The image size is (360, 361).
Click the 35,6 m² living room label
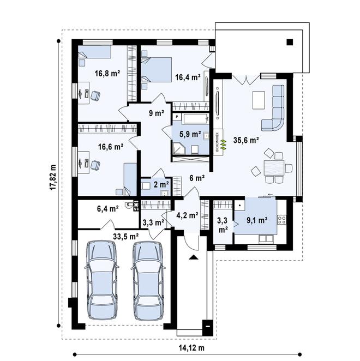(x=246, y=140)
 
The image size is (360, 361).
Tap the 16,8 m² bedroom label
(x=107, y=74)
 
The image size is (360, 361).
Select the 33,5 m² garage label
(x=126, y=236)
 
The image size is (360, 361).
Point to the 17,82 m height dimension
(x=53, y=177)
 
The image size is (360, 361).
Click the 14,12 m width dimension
(x=191, y=348)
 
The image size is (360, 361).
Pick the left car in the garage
(x=102, y=280)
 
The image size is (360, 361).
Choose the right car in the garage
(x=148, y=280)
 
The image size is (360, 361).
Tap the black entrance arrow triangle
(x=194, y=257)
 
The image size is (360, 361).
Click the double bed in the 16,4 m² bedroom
(x=157, y=70)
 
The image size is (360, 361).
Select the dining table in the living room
(x=274, y=168)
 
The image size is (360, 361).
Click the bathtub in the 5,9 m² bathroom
(x=196, y=118)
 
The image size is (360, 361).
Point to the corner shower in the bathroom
(x=178, y=148)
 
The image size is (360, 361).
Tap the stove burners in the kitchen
(x=281, y=219)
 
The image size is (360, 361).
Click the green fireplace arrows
(x=223, y=144)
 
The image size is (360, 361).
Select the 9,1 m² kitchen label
(x=257, y=220)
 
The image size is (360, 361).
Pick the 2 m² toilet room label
(x=161, y=184)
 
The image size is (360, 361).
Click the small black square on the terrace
(x=290, y=42)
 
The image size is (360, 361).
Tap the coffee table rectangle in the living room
(x=259, y=100)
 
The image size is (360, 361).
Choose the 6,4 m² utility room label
(x=108, y=209)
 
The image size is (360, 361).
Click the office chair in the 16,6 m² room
(x=95, y=165)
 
